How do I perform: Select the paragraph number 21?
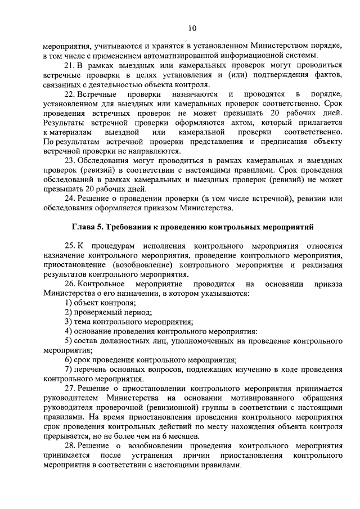[x=70, y=65]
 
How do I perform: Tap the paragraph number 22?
[x=70, y=94]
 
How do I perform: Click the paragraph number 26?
[x=70, y=284]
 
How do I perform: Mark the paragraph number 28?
[x=70, y=445]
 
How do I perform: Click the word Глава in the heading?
[x=84, y=228]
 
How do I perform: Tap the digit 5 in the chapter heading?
[x=101, y=228]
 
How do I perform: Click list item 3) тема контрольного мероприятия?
[x=129, y=322]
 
